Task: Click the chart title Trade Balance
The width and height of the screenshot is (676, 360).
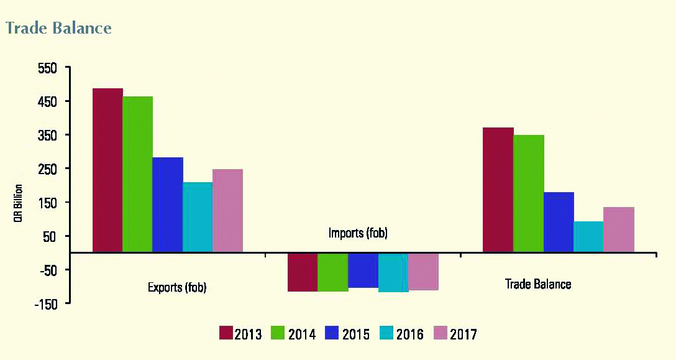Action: (x=58, y=28)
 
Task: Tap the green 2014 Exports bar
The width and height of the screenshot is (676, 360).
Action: (x=137, y=174)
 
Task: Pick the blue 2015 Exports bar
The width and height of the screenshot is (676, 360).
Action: (x=167, y=205)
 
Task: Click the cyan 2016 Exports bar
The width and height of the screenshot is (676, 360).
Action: (x=197, y=217)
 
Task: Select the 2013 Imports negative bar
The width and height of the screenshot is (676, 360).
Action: (x=303, y=272)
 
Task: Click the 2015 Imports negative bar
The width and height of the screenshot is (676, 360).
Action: (x=363, y=270)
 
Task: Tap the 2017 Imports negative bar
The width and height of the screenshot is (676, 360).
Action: (x=423, y=271)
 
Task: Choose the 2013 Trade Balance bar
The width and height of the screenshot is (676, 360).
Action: (x=498, y=190)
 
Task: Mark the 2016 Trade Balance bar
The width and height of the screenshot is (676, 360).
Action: (x=588, y=236)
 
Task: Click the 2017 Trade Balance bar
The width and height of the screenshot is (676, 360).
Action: (x=619, y=229)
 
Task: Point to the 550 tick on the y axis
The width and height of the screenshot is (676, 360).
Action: (x=48, y=68)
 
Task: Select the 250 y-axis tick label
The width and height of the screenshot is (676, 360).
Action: (x=48, y=169)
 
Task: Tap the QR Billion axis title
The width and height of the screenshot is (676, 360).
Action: (x=19, y=203)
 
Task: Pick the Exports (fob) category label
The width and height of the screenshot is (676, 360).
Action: (x=177, y=287)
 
